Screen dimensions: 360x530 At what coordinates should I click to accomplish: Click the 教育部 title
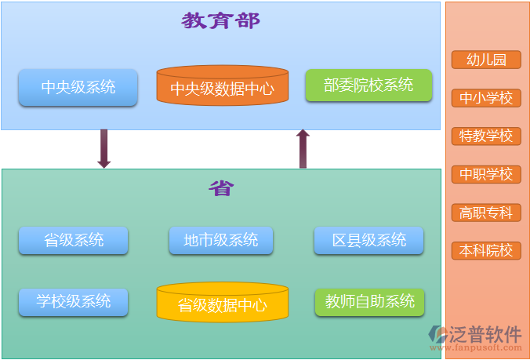[x=220, y=21]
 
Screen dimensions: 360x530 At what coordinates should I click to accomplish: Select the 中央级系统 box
[x=78, y=87]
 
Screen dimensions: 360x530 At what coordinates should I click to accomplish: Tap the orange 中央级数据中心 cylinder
[x=222, y=86]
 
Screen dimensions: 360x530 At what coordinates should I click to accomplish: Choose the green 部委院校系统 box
[x=368, y=85]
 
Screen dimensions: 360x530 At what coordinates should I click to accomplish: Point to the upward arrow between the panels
[x=303, y=149]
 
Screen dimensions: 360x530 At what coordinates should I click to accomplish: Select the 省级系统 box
[x=74, y=240]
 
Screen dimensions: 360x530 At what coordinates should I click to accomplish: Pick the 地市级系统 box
[x=220, y=240]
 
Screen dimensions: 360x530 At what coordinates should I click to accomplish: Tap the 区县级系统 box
[x=368, y=240]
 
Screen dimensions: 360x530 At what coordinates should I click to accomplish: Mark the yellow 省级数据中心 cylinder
[x=222, y=303]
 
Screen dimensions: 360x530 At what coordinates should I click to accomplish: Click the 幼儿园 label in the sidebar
[x=486, y=60]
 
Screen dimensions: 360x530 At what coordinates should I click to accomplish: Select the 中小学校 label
[x=486, y=98]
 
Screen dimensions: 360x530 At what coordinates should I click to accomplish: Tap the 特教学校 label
[x=486, y=136]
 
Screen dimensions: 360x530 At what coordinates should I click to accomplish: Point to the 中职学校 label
[x=486, y=174]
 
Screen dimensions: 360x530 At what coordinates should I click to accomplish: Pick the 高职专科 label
[x=486, y=213]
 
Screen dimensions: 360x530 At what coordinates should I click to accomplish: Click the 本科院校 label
[x=486, y=251]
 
